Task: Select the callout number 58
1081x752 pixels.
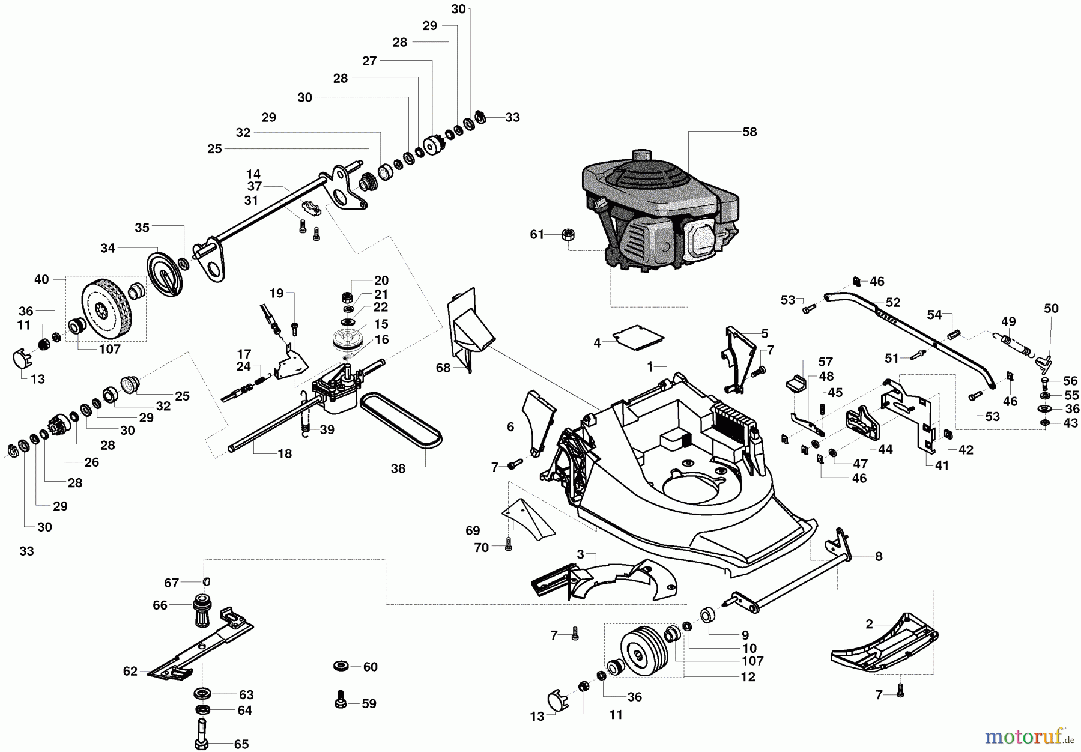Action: [x=749, y=132]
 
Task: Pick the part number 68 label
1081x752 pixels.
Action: [x=443, y=368]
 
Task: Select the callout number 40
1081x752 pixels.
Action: [x=41, y=279]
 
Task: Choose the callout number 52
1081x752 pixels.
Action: [x=893, y=303]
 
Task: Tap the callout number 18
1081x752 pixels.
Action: [x=285, y=454]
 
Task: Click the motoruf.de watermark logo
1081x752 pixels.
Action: [x=1032, y=735]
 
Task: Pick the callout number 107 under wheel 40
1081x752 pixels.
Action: [x=110, y=349]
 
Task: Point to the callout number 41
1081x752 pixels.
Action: [x=942, y=465]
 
